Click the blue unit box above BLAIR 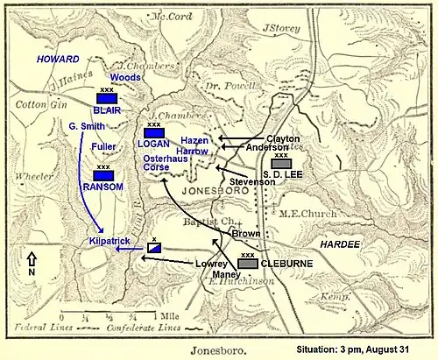[x=107, y=98]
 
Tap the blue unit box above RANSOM [x=104, y=175]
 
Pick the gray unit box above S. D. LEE [x=281, y=164]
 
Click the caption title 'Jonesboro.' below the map [x=198, y=347]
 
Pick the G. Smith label [x=88, y=127]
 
